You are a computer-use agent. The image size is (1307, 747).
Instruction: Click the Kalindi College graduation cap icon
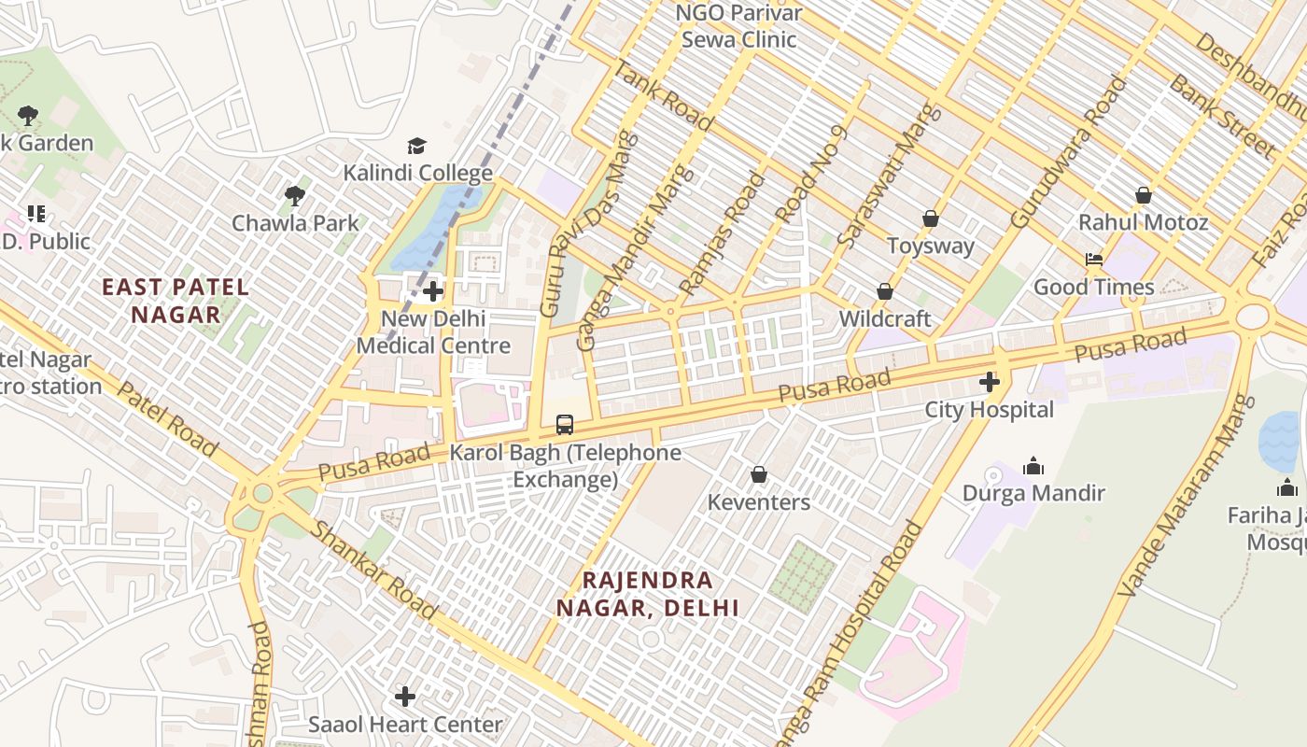pyautogui.click(x=416, y=147)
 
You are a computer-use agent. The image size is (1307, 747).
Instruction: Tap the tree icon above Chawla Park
pyautogui.click(x=295, y=196)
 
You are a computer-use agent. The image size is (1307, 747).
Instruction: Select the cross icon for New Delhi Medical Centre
pyautogui.click(x=433, y=291)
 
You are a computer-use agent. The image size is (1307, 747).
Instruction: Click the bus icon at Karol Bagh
pyautogui.click(x=565, y=425)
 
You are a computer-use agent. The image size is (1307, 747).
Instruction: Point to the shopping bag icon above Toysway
pyautogui.click(x=930, y=218)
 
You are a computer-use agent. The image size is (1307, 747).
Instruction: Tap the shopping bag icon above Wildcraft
pyautogui.click(x=885, y=291)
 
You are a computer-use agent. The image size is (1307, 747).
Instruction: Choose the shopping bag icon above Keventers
pyautogui.click(x=759, y=475)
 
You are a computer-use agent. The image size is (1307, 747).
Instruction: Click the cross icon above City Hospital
pyautogui.click(x=989, y=382)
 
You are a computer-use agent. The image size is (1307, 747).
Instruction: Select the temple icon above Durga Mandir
pyautogui.click(x=1033, y=466)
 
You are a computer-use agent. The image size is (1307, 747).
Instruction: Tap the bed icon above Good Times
pyautogui.click(x=1093, y=260)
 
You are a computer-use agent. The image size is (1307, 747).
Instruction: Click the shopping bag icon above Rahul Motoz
pyautogui.click(x=1143, y=195)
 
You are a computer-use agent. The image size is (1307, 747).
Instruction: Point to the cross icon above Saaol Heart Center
pyautogui.click(x=405, y=697)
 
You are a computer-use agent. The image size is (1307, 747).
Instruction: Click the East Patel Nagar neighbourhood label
pyautogui.click(x=176, y=301)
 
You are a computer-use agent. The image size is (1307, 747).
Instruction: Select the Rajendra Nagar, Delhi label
pyautogui.click(x=648, y=594)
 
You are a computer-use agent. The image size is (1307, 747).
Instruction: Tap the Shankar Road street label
pyautogui.click(x=373, y=571)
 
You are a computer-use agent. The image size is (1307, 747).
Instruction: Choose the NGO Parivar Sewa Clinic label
pyautogui.click(x=738, y=26)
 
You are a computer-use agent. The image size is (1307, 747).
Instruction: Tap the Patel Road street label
pyautogui.click(x=169, y=417)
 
